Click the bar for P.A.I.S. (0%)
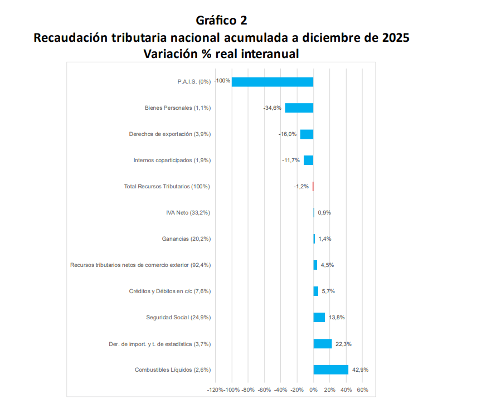(x=273, y=82)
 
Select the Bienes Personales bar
(x=299, y=108)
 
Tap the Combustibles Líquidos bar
(x=331, y=369)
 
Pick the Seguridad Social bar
(x=319, y=317)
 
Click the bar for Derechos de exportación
(x=307, y=134)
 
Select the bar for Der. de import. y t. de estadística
(x=323, y=344)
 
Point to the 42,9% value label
(x=359, y=369)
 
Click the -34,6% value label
(x=273, y=108)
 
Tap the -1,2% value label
(x=301, y=187)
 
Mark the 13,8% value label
(x=337, y=317)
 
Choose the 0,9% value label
(x=324, y=213)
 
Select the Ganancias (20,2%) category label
(x=186, y=239)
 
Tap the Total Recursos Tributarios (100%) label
(x=167, y=186)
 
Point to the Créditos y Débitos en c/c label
(x=170, y=291)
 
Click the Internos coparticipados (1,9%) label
(x=172, y=160)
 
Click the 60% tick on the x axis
(x=362, y=390)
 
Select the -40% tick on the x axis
(x=281, y=390)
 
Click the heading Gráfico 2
(x=221, y=21)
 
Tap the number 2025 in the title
(x=395, y=38)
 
